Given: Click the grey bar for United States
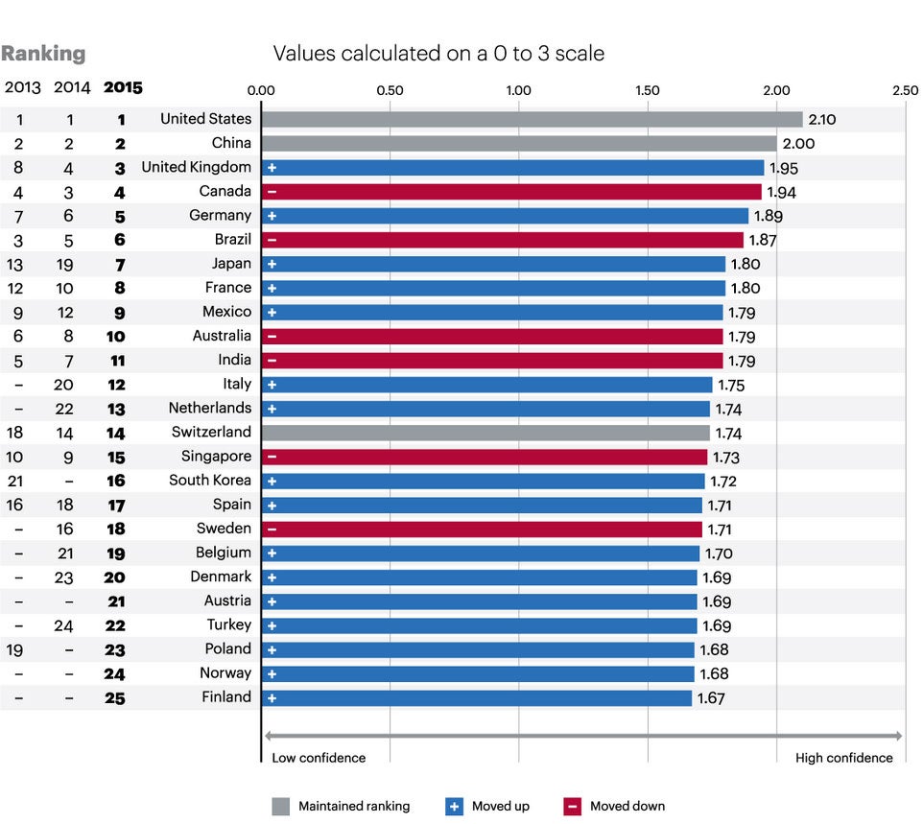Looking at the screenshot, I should pyautogui.click(x=531, y=119).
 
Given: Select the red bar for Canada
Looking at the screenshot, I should pyautogui.click(x=510, y=192).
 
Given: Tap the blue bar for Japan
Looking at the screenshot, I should pyautogui.click(x=493, y=264).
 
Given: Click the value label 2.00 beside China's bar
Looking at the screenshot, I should pyautogui.click(x=798, y=143).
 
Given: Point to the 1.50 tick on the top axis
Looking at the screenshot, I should pyautogui.click(x=647, y=90).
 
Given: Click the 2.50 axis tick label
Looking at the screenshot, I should pyautogui.click(x=904, y=90).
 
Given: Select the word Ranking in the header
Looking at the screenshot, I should pyautogui.click(x=43, y=54).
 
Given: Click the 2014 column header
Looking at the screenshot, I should pyautogui.click(x=72, y=88).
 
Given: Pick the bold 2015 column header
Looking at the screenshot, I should pyautogui.click(x=122, y=88).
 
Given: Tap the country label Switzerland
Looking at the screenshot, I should pyautogui.click(x=211, y=433).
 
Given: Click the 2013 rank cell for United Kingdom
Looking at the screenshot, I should pyautogui.click(x=20, y=168).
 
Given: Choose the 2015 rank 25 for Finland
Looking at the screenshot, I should pyautogui.click(x=114, y=698).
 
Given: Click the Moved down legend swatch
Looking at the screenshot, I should pyautogui.click(x=572, y=807).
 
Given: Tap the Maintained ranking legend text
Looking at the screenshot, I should pyautogui.click(x=353, y=807).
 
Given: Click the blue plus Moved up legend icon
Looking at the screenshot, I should pyautogui.click(x=455, y=807).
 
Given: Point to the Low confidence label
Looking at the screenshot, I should pyautogui.click(x=319, y=758).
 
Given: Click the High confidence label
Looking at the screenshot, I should pyautogui.click(x=843, y=758).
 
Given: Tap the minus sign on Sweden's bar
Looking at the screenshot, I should pyautogui.click(x=272, y=530).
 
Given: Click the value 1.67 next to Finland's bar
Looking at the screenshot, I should pyautogui.click(x=711, y=698).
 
